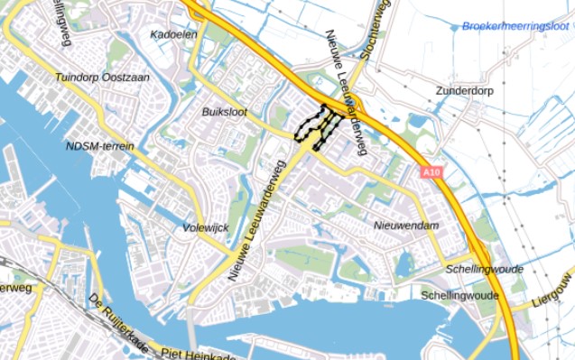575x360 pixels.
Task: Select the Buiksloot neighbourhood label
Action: coord(225,111)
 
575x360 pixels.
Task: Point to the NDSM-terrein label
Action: coord(100,145)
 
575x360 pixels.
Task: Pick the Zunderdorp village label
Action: coord(467,91)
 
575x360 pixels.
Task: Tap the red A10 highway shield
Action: coord(431,171)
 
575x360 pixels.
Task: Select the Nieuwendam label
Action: coord(406,225)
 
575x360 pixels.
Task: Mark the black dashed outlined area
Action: coord(318,125)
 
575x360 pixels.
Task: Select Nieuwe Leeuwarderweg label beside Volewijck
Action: coord(257,220)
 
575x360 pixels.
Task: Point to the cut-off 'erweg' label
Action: coord(16,288)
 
